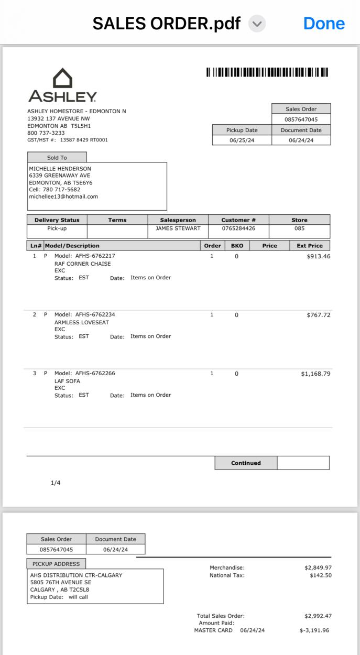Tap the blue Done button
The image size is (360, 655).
[324, 23]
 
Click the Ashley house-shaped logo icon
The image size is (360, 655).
[63, 78]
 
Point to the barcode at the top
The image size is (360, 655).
[267, 72]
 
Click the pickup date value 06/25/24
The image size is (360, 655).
[242, 140]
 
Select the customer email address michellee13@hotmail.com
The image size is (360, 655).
[63, 196]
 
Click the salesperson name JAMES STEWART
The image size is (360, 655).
[178, 228]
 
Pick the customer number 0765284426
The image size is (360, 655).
[238, 228]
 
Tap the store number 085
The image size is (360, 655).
[299, 228]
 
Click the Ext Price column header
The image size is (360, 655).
[309, 245]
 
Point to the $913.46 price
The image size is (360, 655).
[318, 256]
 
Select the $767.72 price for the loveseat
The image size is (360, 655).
[318, 315]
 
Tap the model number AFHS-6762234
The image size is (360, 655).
[95, 314]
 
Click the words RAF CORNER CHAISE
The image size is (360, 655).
[83, 264]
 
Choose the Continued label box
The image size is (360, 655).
[246, 463]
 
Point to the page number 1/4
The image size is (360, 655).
[56, 483]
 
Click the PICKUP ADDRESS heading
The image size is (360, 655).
[56, 564]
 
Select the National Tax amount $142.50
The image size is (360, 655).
[320, 575]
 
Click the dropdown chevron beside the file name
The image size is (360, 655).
[257, 23]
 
